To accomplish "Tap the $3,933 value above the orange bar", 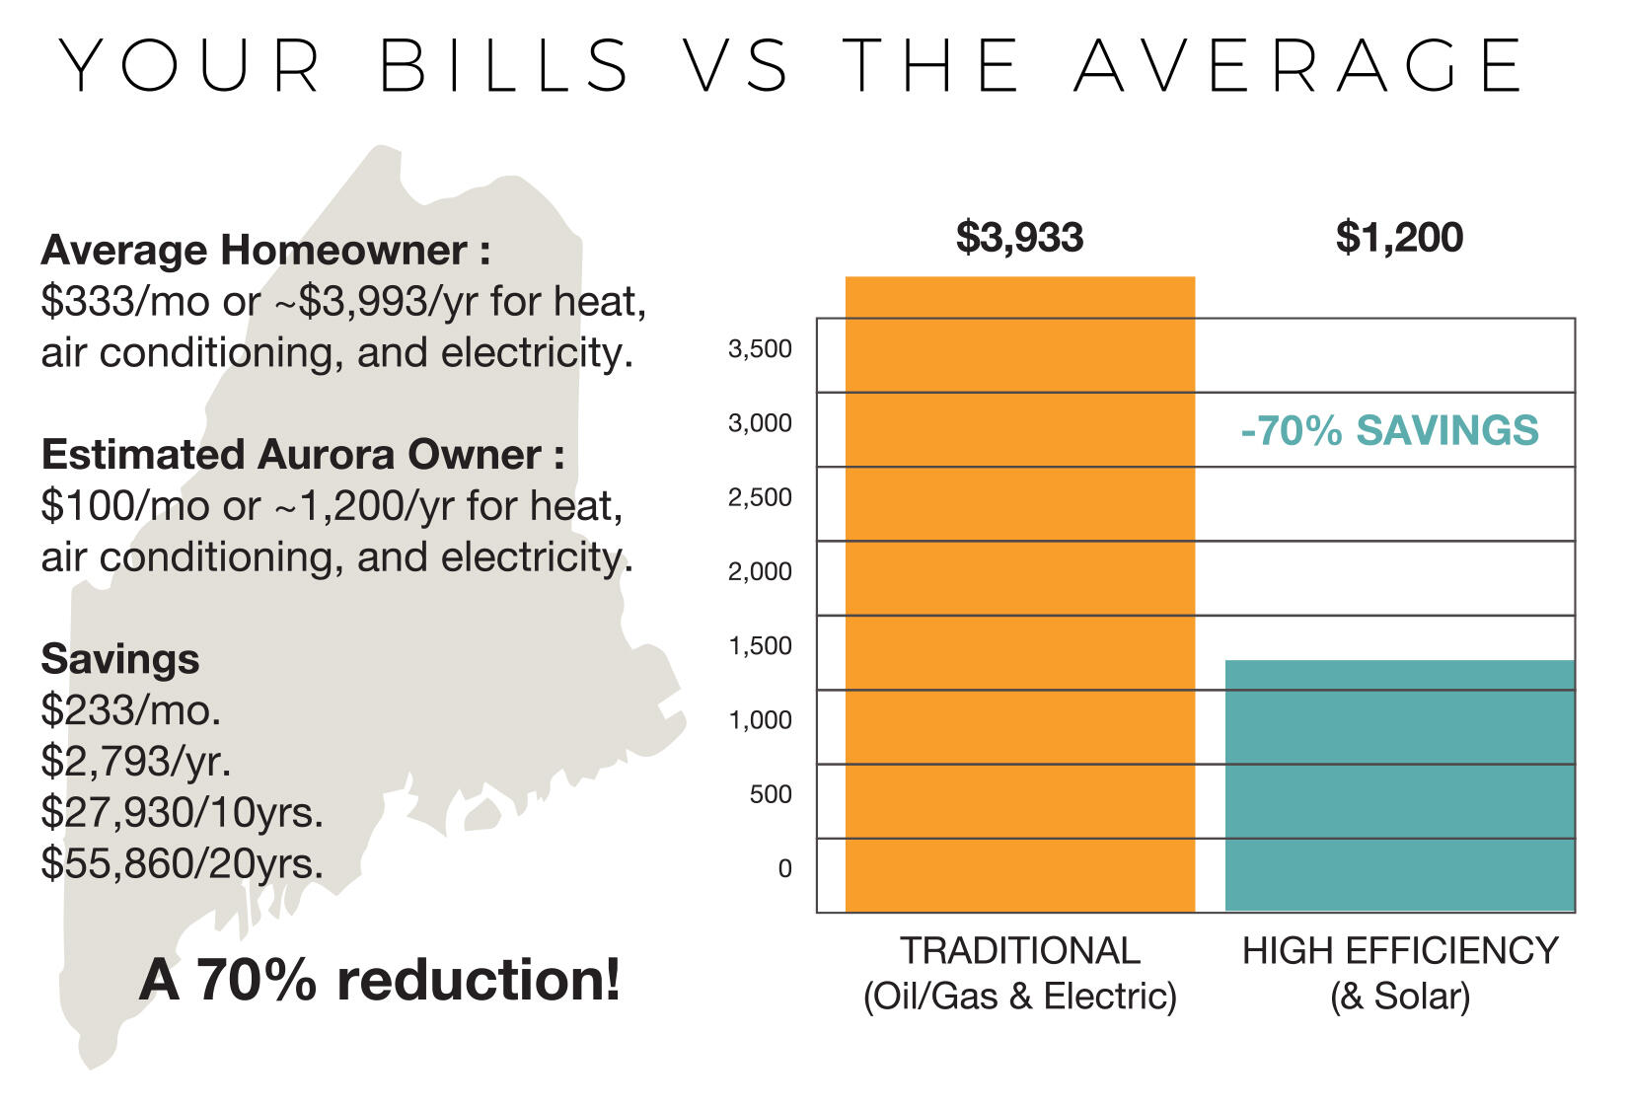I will pyautogui.click(x=1019, y=238).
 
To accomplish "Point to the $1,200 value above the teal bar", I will pyautogui.click(x=1399, y=238).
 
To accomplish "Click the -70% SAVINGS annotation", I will pyautogui.click(x=1389, y=431).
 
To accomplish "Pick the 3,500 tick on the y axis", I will pyautogui.click(x=760, y=348).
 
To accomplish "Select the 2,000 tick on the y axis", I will pyautogui.click(x=760, y=571).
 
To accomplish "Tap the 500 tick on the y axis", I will pyautogui.click(x=771, y=794).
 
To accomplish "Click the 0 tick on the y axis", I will pyautogui.click(x=784, y=868).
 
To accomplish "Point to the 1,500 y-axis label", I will pyautogui.click(x=760, y=645).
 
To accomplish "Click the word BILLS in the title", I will pyautogui.click(x=504, y=66).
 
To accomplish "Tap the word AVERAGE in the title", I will pyautogui.click(x=1299, y=66).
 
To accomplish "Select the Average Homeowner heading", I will pyautogui.click(x=265, y=250).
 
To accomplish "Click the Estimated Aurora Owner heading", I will pyautogui.click(x=302, y=454).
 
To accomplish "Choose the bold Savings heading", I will pyautogui.click(x=120, y=658).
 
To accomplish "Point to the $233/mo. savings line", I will pyautogui.click(x=130, y=709).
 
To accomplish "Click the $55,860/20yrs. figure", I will pyautogui.click(x=182, y=863).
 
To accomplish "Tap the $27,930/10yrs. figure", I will pyautogui.click(x=182, y=812).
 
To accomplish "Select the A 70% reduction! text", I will pyautogui.click(x=380, y=980).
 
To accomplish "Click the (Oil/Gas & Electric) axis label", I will pyautogui.click(x=1019, y=996).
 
